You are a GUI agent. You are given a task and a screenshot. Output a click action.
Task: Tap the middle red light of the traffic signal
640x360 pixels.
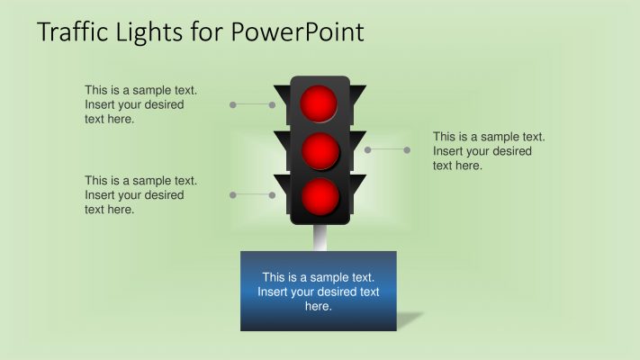coord(320,150)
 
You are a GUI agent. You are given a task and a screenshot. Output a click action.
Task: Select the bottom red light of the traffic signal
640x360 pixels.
coord(320,196)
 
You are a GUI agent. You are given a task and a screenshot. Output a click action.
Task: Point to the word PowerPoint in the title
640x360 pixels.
coord(297,32)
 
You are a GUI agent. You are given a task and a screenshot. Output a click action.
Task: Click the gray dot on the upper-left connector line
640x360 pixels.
coord(233,105)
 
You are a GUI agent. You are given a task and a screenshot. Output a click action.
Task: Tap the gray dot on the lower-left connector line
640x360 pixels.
coord(233,194)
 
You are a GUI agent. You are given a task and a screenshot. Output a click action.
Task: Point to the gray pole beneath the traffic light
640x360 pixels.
coord(319,237)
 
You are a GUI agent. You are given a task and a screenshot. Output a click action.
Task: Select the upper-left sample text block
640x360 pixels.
coord(140,104)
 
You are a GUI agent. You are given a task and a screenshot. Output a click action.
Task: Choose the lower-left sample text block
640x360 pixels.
coord(140,194)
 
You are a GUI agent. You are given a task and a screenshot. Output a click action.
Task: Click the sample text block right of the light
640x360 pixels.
coord(489,150)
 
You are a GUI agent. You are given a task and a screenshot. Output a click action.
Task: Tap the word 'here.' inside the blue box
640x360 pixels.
coord(319,306)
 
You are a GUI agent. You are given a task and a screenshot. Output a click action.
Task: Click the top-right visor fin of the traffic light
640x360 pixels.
coord(357,94)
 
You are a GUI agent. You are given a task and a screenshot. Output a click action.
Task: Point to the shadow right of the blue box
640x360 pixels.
coord(410,319)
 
